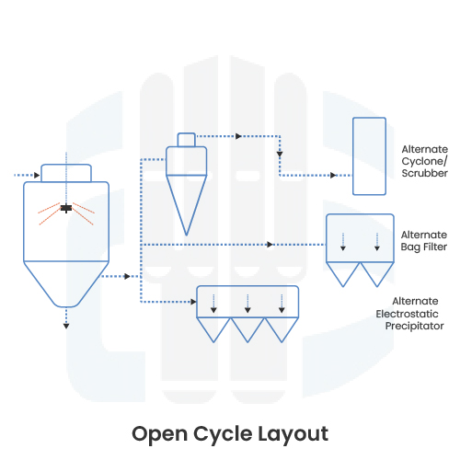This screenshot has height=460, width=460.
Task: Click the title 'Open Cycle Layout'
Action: click(x=229, y=432)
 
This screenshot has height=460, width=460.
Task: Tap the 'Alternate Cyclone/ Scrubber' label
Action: click(x=424, y=160)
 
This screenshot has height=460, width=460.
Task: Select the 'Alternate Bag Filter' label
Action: click(x=424, y=240)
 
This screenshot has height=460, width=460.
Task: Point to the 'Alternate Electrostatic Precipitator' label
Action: click(x=419, y=313)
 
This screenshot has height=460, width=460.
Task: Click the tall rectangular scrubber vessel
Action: click(x=370, y=155)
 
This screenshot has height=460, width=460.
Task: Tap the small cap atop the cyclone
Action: click(x=187, y=139)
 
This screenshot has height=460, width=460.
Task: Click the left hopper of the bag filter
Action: click(x=343, y=272)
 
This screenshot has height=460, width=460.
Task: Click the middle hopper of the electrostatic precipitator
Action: click(x=247, y=329)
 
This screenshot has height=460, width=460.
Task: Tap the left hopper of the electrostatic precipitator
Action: click(x=213, y=329)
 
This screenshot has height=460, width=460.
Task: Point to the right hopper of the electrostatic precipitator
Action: click(x=282, y=329)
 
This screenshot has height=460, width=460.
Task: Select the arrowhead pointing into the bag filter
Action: click(x=270, y=244)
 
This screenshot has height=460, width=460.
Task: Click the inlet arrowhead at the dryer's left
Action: click(x=36, y=175)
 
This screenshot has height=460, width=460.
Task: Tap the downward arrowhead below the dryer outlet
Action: click(x=66, y=326)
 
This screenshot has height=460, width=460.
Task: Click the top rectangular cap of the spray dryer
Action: click(x=66, y=173)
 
